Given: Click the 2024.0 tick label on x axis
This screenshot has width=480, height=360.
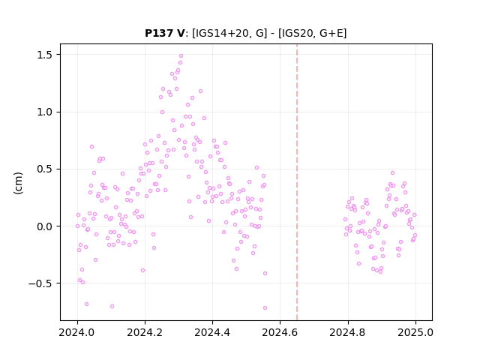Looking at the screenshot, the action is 77,332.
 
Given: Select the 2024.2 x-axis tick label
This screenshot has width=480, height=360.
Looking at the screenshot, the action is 145,332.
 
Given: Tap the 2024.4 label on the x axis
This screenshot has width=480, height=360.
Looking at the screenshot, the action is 212,332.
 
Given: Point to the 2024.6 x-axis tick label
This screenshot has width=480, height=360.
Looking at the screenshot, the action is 280,332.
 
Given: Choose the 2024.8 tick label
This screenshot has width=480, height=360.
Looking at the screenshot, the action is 348,332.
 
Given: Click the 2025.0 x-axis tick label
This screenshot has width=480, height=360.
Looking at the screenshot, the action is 415,332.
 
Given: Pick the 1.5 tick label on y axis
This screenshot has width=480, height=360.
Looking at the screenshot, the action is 45,55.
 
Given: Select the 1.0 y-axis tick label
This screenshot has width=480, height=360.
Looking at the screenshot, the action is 45,112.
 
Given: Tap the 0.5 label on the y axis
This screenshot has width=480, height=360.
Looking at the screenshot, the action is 45,169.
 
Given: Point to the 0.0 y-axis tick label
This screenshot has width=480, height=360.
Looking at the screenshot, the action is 45,226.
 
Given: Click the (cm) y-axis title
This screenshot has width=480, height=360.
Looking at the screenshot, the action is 18,183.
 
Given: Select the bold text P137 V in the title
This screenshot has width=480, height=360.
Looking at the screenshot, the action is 165,33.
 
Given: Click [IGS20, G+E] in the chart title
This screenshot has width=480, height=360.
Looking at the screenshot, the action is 312,33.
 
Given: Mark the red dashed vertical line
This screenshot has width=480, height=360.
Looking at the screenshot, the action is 297,182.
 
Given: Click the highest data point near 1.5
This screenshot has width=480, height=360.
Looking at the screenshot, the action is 181,55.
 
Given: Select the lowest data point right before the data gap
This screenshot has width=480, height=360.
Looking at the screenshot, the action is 265,307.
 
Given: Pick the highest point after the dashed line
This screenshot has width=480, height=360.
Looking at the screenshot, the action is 392,173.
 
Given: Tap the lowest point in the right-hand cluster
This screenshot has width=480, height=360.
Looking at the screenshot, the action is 380,271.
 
